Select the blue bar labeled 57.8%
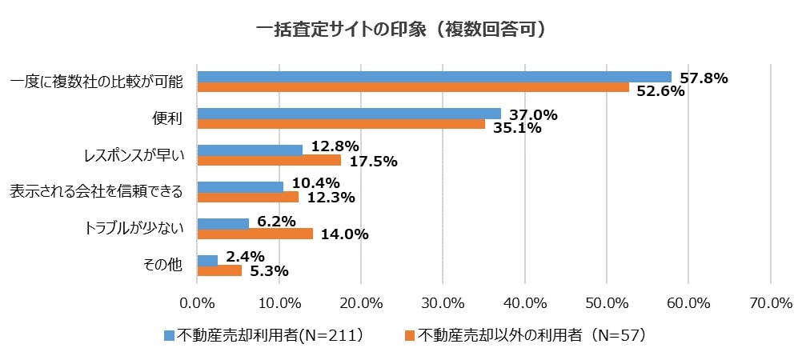click(x=434, y=77)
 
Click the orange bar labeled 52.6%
click(x=413, y=87)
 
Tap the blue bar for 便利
click(x=349, y=114)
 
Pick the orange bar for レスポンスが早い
click(x=269, y=160)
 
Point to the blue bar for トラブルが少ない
click(x=223, y=223)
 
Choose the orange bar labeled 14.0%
click(x=255, y=234)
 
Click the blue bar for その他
click(x=207, y=260)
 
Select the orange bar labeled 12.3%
click(x=247, y=197)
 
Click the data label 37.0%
click(x=533, y=115)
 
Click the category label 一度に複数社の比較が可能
click(x=96, y=82)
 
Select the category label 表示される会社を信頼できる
click(x=96, y=192)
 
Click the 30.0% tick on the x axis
click(x=443, y=303)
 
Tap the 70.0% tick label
click(x=771, y=303)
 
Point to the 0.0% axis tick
click(x=197, y=303)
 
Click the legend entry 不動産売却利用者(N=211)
click(x=263, y=335)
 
